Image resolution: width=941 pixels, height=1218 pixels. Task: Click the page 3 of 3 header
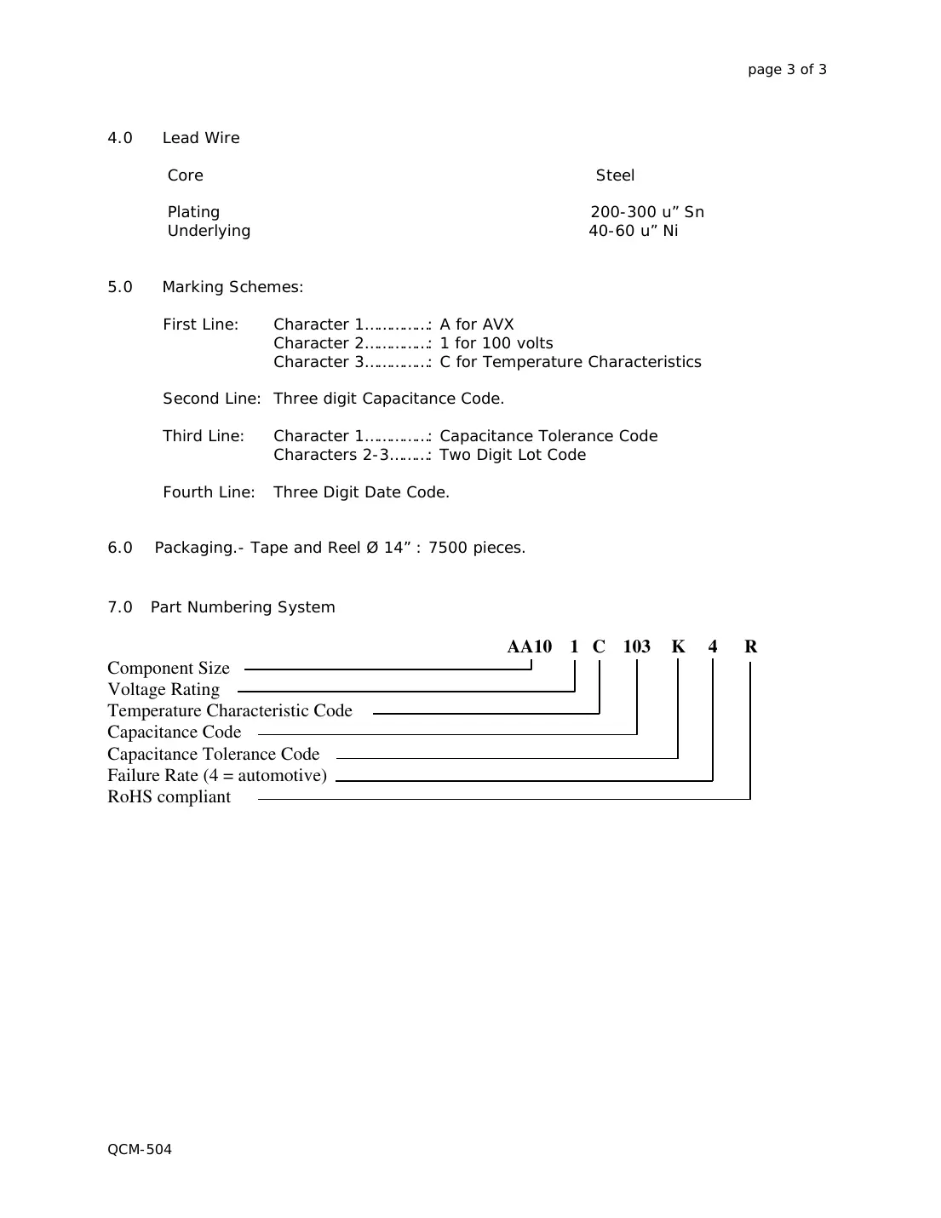pos(787,70)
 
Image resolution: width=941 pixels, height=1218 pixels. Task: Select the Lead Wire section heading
pos(200,138)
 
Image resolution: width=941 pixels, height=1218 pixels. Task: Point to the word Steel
pos(615,175)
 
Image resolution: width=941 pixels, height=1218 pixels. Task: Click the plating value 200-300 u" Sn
pos(647,212)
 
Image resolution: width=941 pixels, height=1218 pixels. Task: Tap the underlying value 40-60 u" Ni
pos(634,231)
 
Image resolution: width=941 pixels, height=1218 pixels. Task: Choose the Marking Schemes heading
pos(232,287)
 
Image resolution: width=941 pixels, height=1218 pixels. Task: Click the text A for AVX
pos(477,325)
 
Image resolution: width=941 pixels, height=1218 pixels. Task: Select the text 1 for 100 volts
pos(496,343)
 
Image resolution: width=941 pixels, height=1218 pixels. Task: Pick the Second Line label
pos(212,399)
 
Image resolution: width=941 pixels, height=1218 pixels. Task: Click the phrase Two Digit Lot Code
pos(513,455)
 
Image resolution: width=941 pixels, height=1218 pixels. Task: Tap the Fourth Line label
pos(209,492)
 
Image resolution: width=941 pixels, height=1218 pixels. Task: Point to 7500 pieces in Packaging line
pos(477,548)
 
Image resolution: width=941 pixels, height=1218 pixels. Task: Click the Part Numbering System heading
pos(243,607)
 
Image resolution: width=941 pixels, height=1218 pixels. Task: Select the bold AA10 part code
pos(530,646)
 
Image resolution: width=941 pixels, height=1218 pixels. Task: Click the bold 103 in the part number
pos(636,646)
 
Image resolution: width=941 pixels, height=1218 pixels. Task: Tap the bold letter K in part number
pos(678,646)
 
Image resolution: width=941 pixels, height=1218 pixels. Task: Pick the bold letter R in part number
pos(750,646)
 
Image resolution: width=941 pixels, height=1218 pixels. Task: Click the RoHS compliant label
pos(169,797)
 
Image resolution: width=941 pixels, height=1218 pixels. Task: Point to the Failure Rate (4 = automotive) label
pos(217,776)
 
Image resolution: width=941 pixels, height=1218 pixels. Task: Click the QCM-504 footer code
pos(140,1150)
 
